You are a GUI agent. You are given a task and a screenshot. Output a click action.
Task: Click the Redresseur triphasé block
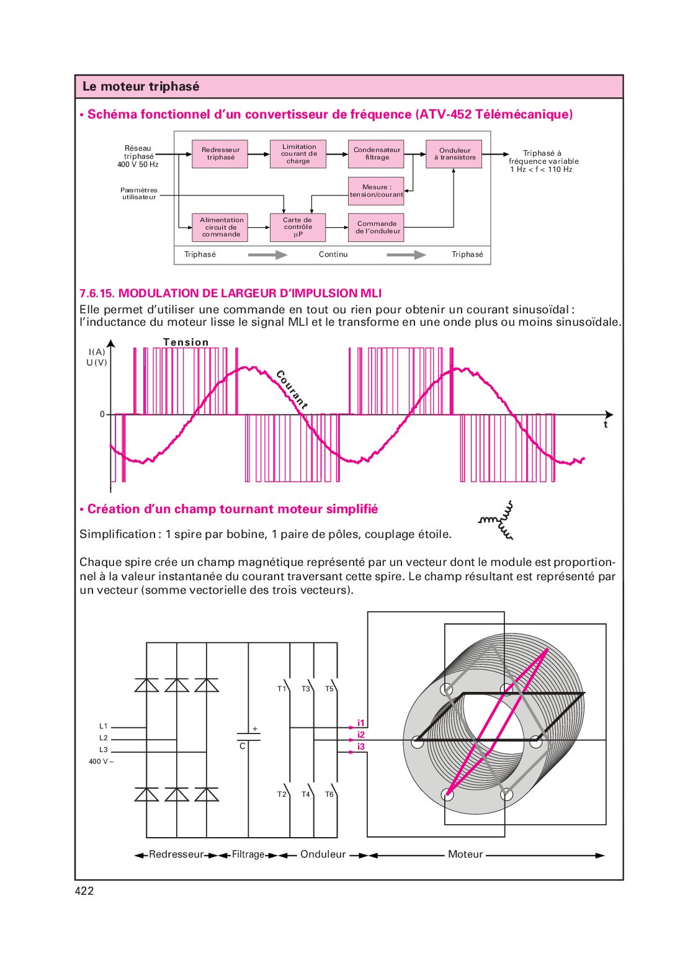point(220,154)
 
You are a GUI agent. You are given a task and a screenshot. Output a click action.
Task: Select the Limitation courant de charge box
point(298,154)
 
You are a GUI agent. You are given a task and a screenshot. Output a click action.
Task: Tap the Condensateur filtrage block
point(376,154)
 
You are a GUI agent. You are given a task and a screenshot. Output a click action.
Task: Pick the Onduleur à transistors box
point(454,154)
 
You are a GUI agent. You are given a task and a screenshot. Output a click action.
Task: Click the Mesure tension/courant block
point(376,191)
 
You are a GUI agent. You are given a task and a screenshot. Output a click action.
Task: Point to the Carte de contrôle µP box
point(298,227)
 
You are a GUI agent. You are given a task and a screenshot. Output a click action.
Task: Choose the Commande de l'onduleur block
point(376,227)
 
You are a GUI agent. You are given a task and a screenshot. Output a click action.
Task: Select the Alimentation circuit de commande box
point(220,227)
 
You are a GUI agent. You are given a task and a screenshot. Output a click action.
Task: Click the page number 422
point(84,891)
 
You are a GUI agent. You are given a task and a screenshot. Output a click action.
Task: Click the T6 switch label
point(329,794)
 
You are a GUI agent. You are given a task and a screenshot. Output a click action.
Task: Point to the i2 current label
point(361,735)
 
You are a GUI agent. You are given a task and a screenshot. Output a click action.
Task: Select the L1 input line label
point(104,726)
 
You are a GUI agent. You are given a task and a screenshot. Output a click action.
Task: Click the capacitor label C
point(243,747)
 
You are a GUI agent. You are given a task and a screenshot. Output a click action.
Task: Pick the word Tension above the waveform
point(186,342)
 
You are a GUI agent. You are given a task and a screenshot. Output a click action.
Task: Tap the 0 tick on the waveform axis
point(102,415)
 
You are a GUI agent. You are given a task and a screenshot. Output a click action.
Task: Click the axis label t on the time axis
point(606,425)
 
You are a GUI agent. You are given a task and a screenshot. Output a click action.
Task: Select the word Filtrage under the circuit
point(248,854)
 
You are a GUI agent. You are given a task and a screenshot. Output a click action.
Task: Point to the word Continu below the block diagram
point(333,254)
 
